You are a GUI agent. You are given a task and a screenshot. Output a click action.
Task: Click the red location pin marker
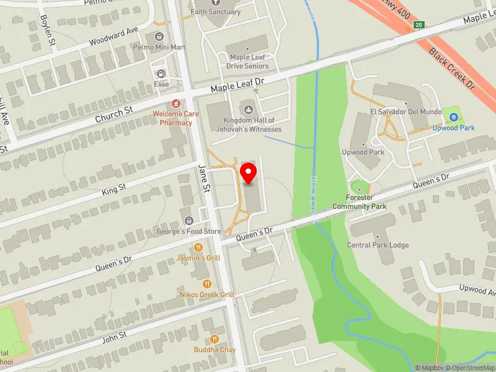[x=249, y=173]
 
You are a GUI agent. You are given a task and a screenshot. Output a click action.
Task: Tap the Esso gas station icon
[x=161, y=74]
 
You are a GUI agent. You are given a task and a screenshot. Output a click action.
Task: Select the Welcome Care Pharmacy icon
[x=177, y=103]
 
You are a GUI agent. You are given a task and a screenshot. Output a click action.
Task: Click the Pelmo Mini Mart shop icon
[x=159, y=37]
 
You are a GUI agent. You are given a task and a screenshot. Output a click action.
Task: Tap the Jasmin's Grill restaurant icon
[x=200, y=248]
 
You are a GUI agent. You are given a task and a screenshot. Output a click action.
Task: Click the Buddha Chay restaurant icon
[x=215, y=339]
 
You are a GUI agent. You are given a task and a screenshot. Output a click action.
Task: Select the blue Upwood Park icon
[x=454, y=117]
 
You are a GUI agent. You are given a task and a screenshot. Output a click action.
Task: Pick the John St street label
[x=114, y=335]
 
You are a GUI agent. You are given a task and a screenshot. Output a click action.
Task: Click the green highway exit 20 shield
[x=419, y=25]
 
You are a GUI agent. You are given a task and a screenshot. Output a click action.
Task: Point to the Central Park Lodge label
[x=378, y=245]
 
